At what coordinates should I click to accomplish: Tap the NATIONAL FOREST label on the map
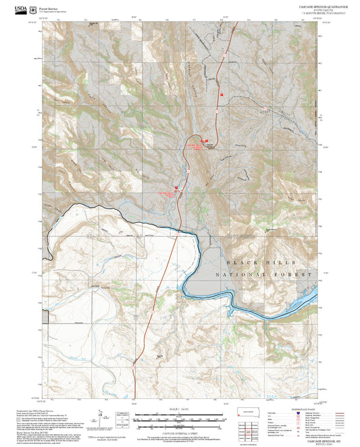[264, 275]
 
